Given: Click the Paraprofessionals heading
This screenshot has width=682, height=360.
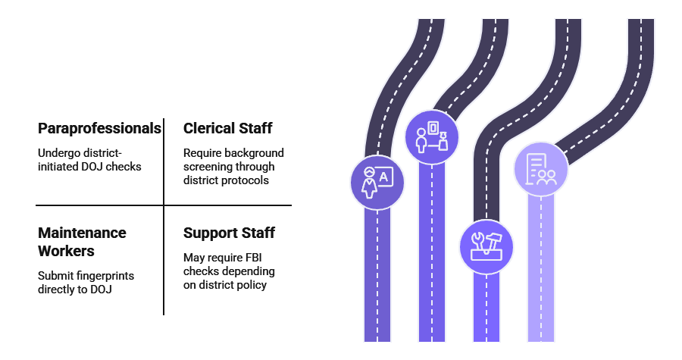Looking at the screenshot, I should point(99,128).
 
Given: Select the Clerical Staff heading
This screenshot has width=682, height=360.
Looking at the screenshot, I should point(227,128).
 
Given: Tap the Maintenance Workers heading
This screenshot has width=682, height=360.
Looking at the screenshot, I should point(82,241).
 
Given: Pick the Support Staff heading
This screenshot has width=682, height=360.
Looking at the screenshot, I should point(229,233).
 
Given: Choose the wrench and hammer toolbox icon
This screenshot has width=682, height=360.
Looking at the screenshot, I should point(486,246).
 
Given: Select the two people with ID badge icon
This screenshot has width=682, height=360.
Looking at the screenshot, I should point(431,137).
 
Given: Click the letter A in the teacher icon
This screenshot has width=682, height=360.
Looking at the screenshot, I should point(384,177).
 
